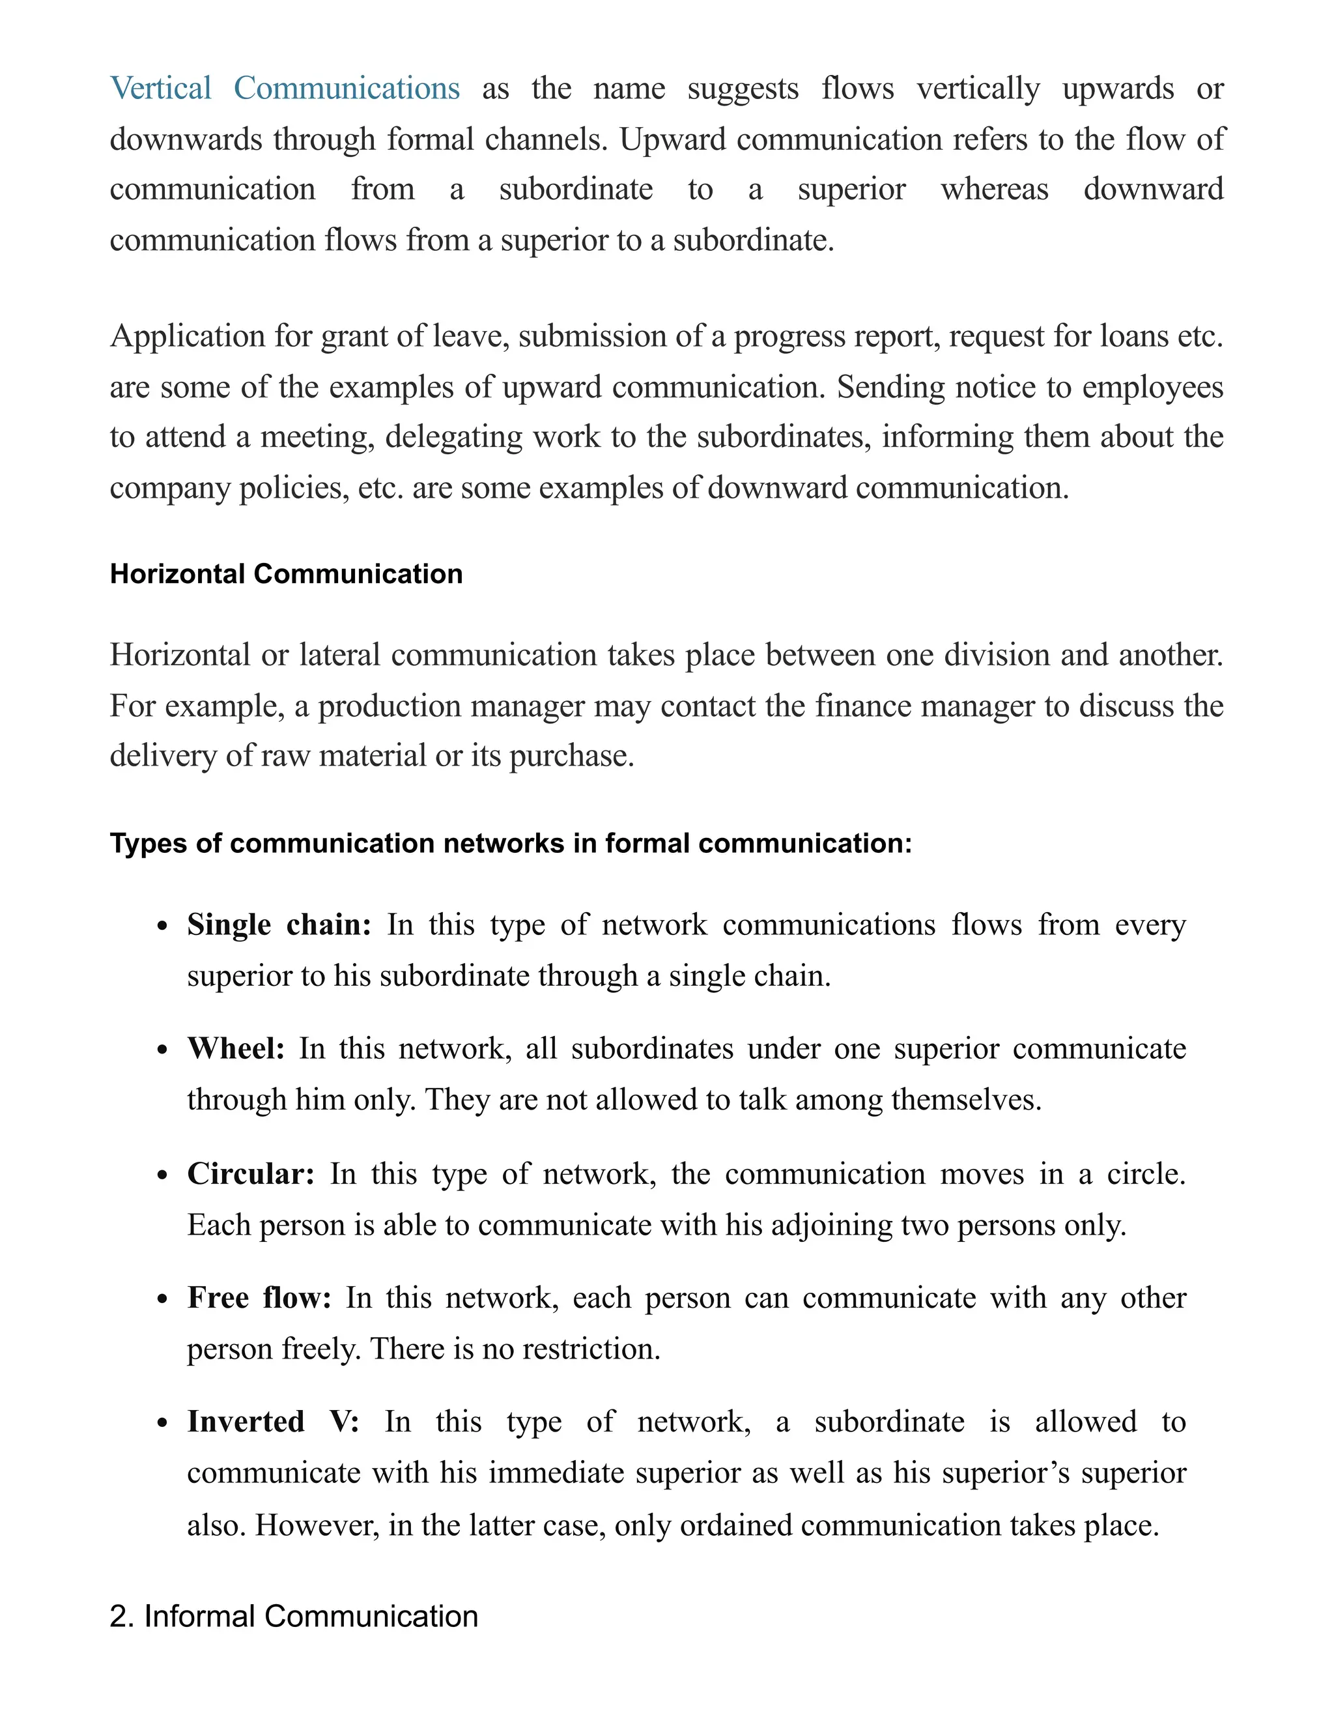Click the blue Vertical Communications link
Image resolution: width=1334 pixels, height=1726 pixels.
285,89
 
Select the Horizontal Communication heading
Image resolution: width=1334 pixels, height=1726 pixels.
286,574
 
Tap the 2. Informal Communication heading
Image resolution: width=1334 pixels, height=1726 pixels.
294,1616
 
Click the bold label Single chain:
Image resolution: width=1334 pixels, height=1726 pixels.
279,925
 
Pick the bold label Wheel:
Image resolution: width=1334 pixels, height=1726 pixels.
236,1049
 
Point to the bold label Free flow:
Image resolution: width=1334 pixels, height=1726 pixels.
259,1298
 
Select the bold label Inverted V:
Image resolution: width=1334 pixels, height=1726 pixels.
273,1422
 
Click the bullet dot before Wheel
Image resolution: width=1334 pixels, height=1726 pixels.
163,1050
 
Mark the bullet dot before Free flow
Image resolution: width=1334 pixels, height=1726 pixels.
163,1299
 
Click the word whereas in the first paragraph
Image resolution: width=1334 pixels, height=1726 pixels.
994,190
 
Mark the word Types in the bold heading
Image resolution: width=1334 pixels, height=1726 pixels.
148,844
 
